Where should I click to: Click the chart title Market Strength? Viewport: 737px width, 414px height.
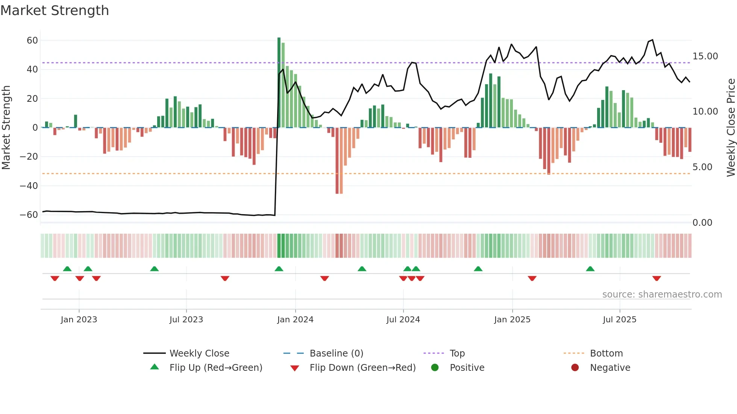[55, 11]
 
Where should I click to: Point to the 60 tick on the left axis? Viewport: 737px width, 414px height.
[32, 40]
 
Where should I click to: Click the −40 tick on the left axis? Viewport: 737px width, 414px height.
[29, 186]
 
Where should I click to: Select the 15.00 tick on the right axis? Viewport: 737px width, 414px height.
[705, 56]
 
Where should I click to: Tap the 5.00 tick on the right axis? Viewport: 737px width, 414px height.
[702, 167]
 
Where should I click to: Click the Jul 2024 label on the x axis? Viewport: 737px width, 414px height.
[403, 320]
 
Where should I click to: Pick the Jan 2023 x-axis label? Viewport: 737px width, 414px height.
[79, 320]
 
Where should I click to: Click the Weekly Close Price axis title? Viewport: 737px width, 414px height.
[731, 127]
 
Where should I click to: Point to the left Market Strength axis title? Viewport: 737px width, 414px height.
[6, 127]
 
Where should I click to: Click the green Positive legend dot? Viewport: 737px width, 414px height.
[435, 367]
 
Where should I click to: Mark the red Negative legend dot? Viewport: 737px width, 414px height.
[575, 367]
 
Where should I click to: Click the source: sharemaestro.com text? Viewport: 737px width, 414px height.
[662, 295]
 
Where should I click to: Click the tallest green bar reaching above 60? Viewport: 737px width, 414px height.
[279, 83]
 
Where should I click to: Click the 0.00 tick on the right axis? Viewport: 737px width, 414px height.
[702, 223]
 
